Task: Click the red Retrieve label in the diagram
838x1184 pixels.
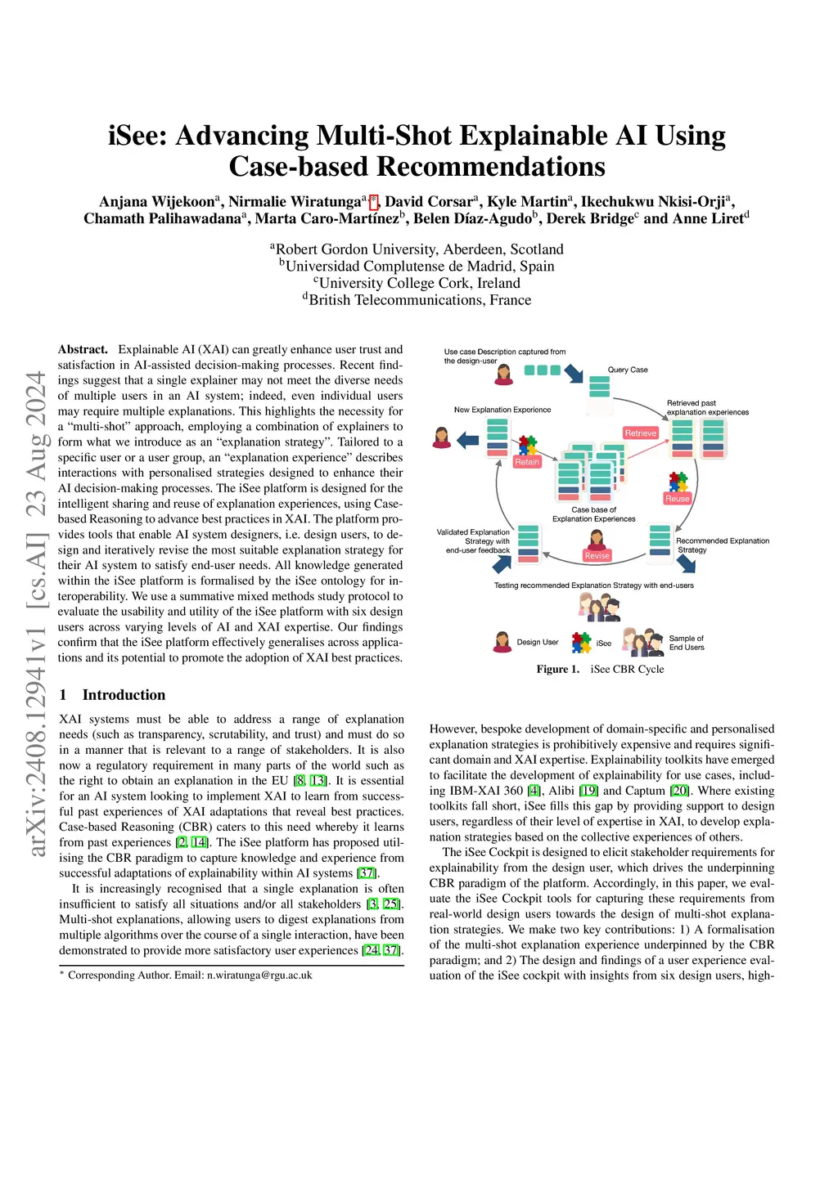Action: pos(640,433)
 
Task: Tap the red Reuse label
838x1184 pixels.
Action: pos(678,498)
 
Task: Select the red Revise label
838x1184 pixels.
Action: pos(597,555)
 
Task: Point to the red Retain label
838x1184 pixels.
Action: pos(527,462)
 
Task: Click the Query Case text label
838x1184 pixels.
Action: pos(628,370)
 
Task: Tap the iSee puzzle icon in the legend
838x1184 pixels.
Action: pos(581,643)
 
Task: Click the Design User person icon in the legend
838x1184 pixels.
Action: pos(502,642)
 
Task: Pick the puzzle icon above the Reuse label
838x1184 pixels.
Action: pos(678,482)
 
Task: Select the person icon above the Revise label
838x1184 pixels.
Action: pos(597,539)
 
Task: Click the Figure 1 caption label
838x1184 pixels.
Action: pos(558,669)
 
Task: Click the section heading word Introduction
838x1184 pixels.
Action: pos(124,695)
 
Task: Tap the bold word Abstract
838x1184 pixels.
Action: pos(83,349)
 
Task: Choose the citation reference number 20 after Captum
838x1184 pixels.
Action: pos(679,791)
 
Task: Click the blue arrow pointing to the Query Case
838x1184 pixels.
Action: pos(574,374)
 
